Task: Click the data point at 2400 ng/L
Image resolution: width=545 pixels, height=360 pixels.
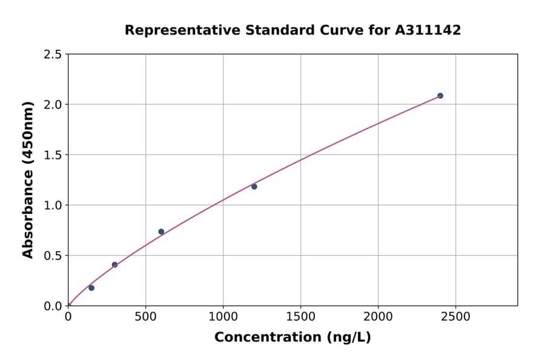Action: pos(440,96)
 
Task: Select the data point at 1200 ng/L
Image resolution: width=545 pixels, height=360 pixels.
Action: pos(254,187)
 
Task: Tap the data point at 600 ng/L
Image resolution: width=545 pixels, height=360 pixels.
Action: pos(161,232)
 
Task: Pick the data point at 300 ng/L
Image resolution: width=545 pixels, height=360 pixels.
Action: pos(114,265)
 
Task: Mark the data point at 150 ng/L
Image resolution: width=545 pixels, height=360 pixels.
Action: pos(91,288)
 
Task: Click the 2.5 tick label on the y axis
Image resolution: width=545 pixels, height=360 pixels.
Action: pos(53,55)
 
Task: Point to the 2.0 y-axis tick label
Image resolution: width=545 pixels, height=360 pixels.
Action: pos(53,105)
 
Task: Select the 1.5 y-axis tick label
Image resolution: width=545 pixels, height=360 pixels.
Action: pos(53,155)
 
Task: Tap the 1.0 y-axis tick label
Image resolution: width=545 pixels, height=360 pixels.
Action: pos(53,205)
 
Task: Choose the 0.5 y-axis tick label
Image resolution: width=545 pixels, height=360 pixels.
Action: pos(53,256)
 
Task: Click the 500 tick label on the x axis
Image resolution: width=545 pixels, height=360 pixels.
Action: pos(145,316)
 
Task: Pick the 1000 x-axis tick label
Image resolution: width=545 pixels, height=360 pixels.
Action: pos(223,316)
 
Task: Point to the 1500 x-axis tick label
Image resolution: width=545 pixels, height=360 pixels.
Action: pos(300,316)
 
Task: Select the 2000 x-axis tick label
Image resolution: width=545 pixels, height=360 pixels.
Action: pos(378,316)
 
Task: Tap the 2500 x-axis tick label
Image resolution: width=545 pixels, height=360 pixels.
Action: pos(455,316)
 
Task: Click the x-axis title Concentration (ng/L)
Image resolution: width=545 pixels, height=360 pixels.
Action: pos(292,338)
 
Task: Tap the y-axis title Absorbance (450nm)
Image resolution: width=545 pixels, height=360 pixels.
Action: pos(28,180)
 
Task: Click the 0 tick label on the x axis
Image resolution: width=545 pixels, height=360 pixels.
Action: pos(68,316)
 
